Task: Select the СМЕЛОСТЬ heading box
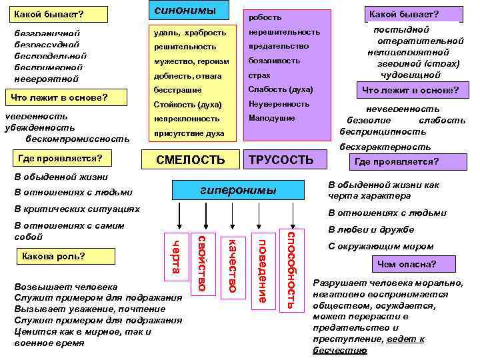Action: click(x=191, y=159)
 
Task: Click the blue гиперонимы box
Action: click(x=238, y=191)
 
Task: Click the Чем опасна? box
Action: click(x=406, y=265)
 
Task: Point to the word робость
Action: click(x=265, y=17)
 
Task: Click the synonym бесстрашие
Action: click(x=177, y=89)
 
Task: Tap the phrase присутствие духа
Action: click(x=189, y=133)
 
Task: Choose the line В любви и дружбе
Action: click(x=362, y=229)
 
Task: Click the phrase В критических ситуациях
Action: click(x=77, y=209)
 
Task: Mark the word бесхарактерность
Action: click(x=385, y=147)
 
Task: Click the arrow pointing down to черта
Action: click(x=177, y=219)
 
